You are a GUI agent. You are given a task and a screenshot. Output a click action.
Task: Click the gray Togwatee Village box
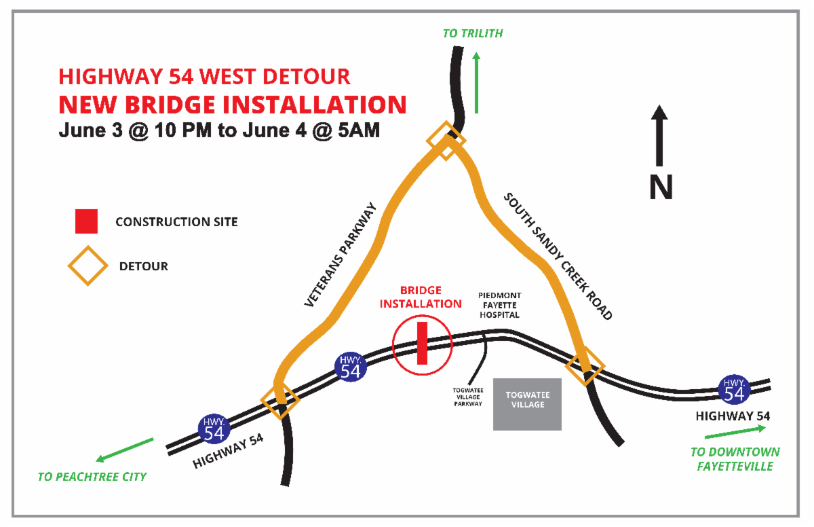[x=527, y=404]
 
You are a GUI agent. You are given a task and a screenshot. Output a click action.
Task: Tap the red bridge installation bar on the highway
[x=422, y=344]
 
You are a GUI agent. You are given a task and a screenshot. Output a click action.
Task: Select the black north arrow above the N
[x=660, y=136]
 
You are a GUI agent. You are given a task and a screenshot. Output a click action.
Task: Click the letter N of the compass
[x=661, y=187]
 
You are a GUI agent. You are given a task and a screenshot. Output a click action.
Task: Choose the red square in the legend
[x=86, y=221]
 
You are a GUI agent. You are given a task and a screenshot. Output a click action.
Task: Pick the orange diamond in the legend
[x=86, y=266]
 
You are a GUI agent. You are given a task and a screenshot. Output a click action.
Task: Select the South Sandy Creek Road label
[x=558, y=256]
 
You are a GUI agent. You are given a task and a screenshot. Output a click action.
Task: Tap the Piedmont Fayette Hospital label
[x=499, y=305]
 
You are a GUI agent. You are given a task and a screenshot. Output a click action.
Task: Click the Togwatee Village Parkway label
[x=468, y=397]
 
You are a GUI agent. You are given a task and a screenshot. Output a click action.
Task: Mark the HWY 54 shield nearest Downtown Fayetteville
[x=735, y=389]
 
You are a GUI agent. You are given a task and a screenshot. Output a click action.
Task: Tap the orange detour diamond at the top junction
[x=446, y=141]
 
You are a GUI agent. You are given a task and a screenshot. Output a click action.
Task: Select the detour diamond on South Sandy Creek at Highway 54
[x=585, y=366]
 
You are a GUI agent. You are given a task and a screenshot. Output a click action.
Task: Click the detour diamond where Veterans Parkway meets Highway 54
[x=279, y=400]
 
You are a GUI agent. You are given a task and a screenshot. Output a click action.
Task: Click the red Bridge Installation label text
[x=421, y=297]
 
